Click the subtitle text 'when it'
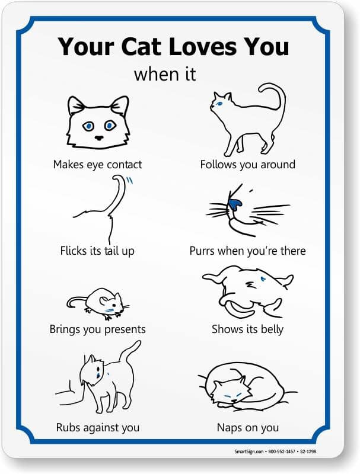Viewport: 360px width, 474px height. pos(165,74)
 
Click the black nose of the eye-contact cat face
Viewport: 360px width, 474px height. pos(99,138)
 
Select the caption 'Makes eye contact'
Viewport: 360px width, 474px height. pos(97,165)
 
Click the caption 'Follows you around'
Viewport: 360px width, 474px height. pos(248,165)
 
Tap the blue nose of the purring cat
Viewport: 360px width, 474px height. pos(235,204)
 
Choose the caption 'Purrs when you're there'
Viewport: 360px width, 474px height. pos(248,251)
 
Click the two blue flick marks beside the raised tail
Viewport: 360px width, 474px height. pos(129,181)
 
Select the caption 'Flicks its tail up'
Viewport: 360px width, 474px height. pos(97,251)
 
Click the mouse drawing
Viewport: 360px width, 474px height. pos(98,303)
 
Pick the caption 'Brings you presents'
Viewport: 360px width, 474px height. pos(97,329)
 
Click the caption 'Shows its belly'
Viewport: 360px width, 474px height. pos(248,329)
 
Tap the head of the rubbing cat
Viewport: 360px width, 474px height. pos(93,371)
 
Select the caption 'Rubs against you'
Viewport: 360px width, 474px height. pos(97,427)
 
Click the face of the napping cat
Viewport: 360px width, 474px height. pos(231,392)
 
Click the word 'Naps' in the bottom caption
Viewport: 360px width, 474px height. pos(228,428)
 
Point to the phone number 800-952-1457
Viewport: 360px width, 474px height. pos(281,451)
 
